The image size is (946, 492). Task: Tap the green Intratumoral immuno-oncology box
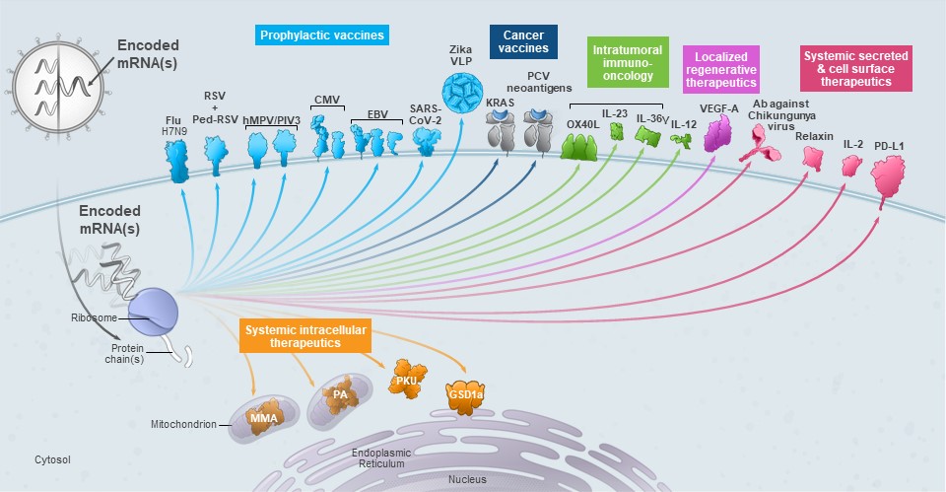coord(628,60)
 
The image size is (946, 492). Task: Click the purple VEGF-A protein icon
coord(719,133)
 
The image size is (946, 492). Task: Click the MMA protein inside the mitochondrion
coord(263,417)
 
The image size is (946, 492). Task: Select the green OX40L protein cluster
coord(579,146)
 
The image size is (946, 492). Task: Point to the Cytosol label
coord(53,459)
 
